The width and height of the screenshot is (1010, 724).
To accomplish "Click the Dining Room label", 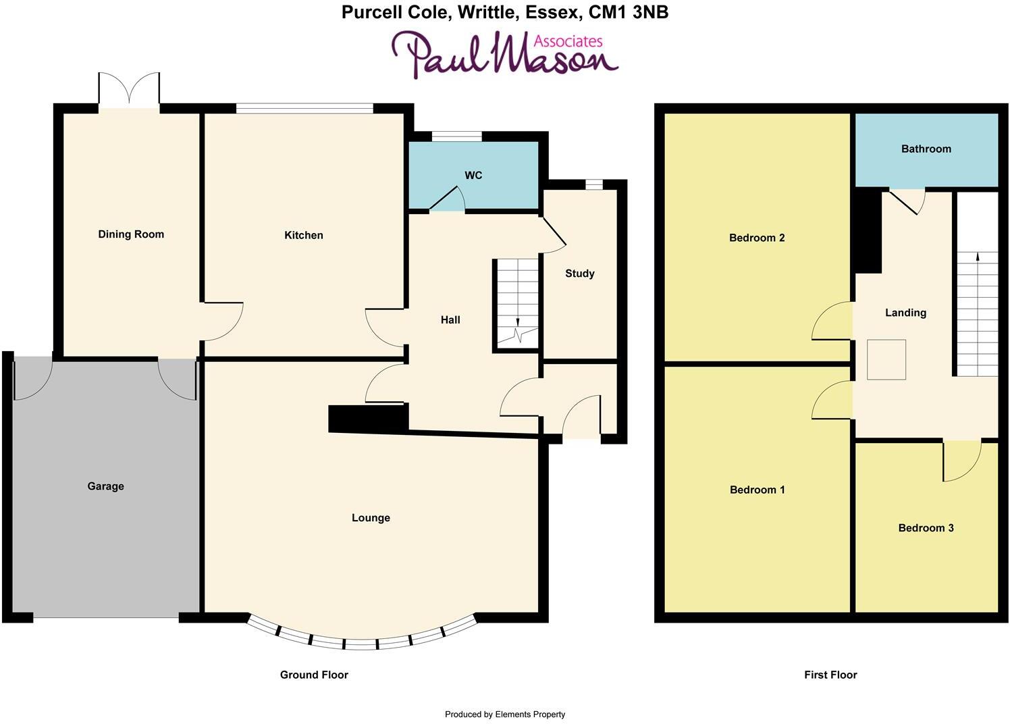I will [131, 234].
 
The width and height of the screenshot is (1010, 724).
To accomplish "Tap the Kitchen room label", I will [303, 235].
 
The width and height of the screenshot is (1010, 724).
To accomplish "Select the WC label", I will [473, 176].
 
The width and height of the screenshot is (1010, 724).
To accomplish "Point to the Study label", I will [579, 274].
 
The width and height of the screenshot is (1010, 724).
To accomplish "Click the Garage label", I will [105, 486].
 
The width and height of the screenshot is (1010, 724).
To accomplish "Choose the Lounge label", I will [371, 518].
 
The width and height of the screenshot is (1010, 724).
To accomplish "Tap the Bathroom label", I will [926, 149].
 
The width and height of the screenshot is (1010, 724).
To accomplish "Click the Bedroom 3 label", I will [926, 528].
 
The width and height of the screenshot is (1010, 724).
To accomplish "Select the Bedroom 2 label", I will [757, 238].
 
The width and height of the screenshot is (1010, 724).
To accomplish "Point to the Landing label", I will [905, 313].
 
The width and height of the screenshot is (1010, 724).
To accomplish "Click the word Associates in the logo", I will [567, 41].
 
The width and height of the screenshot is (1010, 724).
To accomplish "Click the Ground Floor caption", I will [314, 675].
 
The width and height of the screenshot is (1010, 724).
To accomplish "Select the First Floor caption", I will [830, 675].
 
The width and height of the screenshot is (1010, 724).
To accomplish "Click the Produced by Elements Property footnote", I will [504, 714].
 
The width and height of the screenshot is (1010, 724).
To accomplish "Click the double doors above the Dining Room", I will [129, 89].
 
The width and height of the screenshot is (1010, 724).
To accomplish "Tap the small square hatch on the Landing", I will [886, 359].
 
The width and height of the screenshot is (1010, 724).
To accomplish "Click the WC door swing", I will [447, 199].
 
